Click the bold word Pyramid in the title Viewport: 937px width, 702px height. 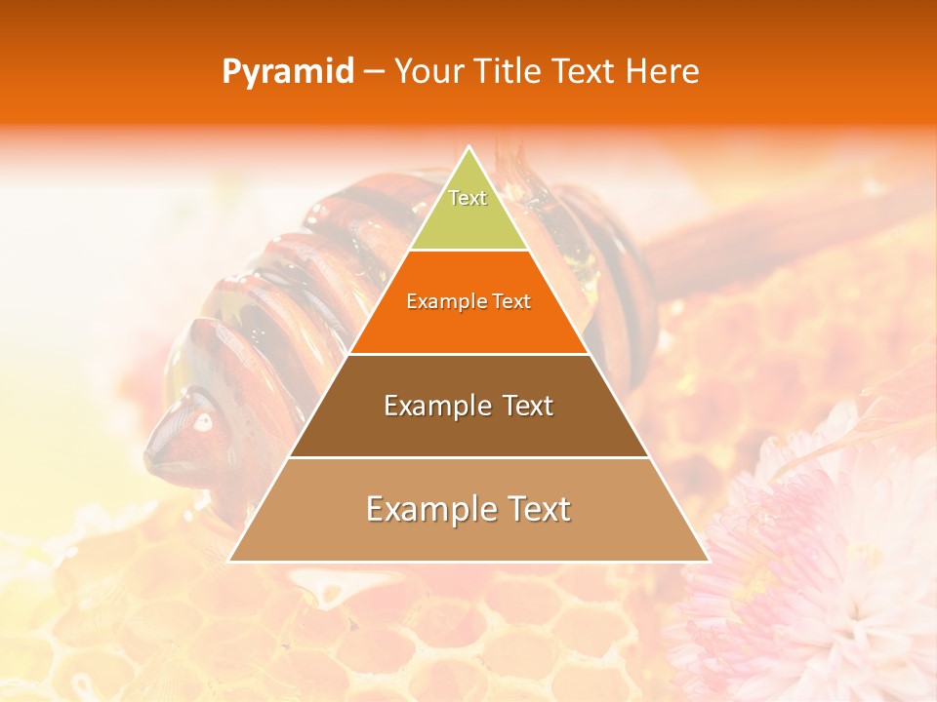[x=287, y=71]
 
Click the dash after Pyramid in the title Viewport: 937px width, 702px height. [x=374, y=72]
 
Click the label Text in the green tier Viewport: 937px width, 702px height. [x=468, y=198]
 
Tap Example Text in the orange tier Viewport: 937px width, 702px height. [x=468, y=301]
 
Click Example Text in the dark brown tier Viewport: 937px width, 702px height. [x=468, y=406]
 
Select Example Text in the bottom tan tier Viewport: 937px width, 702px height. [x=468, y=509]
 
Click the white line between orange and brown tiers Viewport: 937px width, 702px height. [x=468, y=354]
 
